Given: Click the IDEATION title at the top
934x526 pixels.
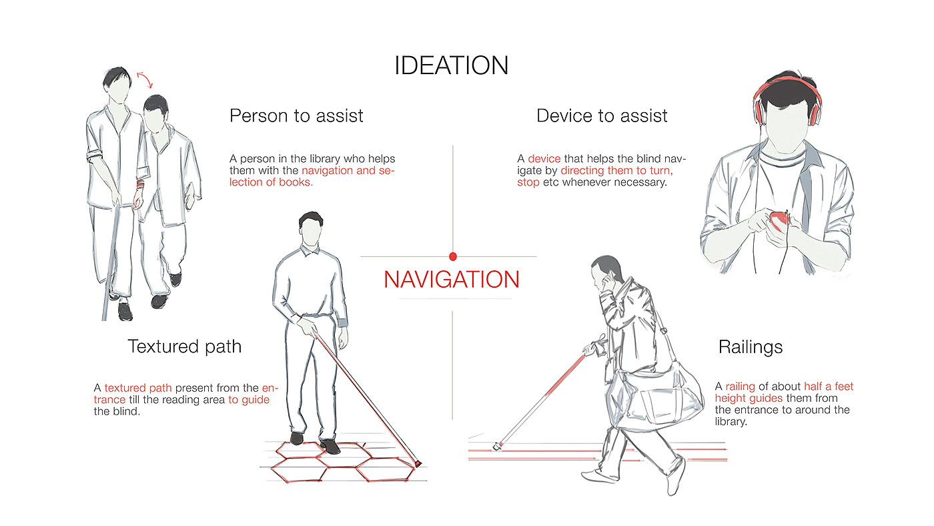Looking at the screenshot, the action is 452,65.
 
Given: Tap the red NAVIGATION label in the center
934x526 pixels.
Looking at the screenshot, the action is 452,279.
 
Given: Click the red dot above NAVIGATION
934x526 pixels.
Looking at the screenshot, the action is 453,256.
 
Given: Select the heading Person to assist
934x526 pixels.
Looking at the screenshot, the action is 296,115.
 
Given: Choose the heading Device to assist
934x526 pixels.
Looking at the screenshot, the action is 602,115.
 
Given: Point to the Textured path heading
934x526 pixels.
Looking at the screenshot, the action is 184,346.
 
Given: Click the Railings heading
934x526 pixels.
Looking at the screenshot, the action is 751,347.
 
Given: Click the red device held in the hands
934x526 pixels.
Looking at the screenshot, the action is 778,220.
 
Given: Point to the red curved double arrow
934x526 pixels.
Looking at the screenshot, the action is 145,79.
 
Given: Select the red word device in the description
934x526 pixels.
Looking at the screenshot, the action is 544,159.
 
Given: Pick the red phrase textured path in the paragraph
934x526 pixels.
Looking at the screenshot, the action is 138,388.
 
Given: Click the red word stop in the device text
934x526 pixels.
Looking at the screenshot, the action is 528,182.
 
